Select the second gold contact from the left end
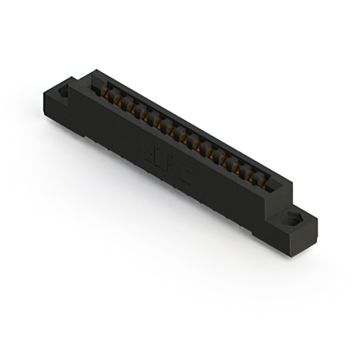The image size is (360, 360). pos(118,100)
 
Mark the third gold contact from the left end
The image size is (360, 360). pos(131,106)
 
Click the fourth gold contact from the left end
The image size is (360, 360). pos(143,113)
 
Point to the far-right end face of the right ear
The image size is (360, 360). pos(313,231)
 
